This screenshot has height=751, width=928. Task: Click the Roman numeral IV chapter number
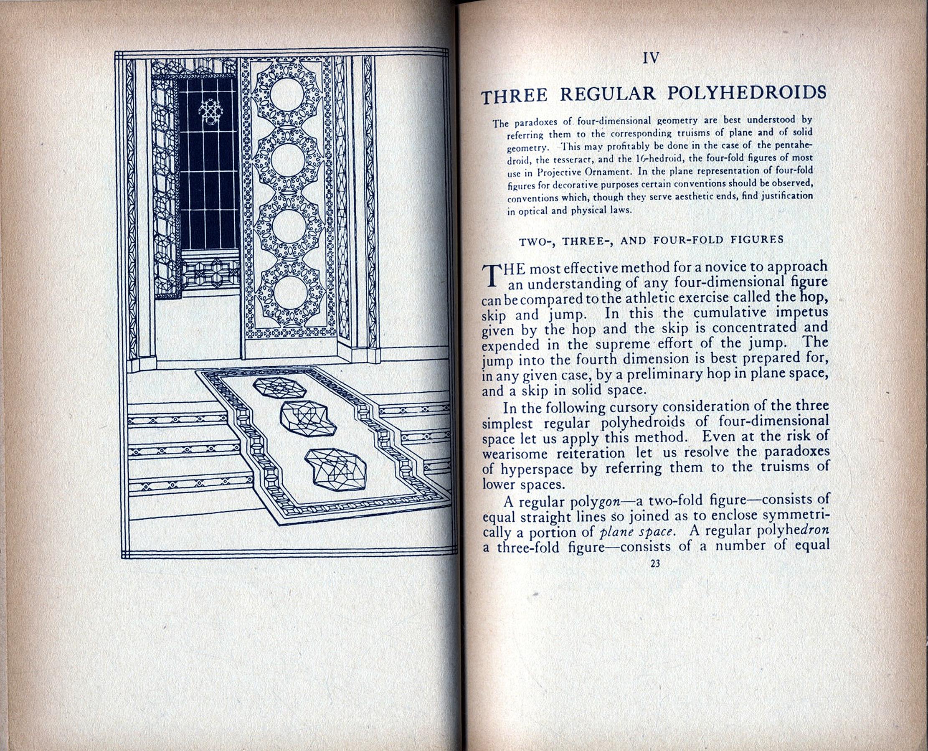click(651, 58)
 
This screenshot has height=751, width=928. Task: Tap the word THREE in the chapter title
click(515, 96)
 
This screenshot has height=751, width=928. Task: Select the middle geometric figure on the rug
click(308, 418)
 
